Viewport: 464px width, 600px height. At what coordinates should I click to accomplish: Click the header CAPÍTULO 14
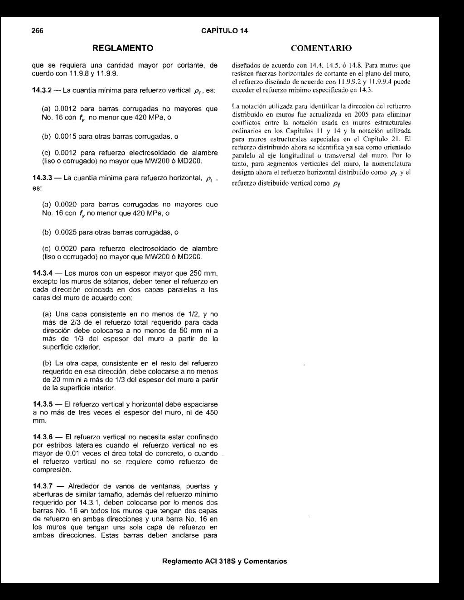click(225, 31)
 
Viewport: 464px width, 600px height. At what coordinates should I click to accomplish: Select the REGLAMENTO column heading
click(123, 48)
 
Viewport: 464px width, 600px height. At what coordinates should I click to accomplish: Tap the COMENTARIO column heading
click(321, 48)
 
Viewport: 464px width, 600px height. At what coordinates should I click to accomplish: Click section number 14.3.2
click(43, 91)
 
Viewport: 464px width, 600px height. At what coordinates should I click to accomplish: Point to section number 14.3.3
click(43, 178)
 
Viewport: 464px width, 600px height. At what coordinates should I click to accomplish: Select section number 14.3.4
click(43, 274)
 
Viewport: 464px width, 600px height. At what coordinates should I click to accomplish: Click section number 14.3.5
click(43, 404)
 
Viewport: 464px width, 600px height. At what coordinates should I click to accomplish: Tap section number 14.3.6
click(43, 437)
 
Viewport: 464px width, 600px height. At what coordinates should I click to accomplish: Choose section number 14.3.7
click(43, 486)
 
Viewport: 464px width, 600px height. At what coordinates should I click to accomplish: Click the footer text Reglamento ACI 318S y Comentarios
click(225, 561)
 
